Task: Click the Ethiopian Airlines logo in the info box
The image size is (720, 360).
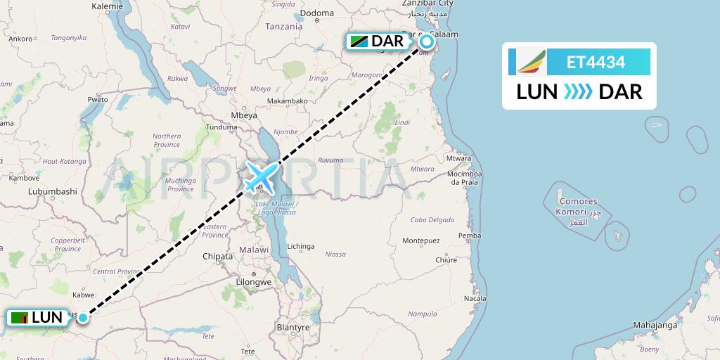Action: coord(531,62)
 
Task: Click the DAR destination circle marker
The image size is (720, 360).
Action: coord(427,41)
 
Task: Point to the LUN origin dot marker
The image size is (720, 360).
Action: coord(83,318)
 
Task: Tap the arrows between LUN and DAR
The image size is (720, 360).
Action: coord(578,92)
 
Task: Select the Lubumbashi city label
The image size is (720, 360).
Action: coord(52,191)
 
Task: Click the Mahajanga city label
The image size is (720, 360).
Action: coord(655,325)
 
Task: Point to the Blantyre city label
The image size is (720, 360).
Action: coord(293,328)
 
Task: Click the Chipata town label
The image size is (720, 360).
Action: coord(217,257)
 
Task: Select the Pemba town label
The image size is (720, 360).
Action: coord(469,236)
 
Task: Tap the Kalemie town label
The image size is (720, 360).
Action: coord(108,6)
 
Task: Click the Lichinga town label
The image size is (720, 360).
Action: coord(300,247)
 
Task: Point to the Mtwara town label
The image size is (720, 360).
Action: coord(459,158)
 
